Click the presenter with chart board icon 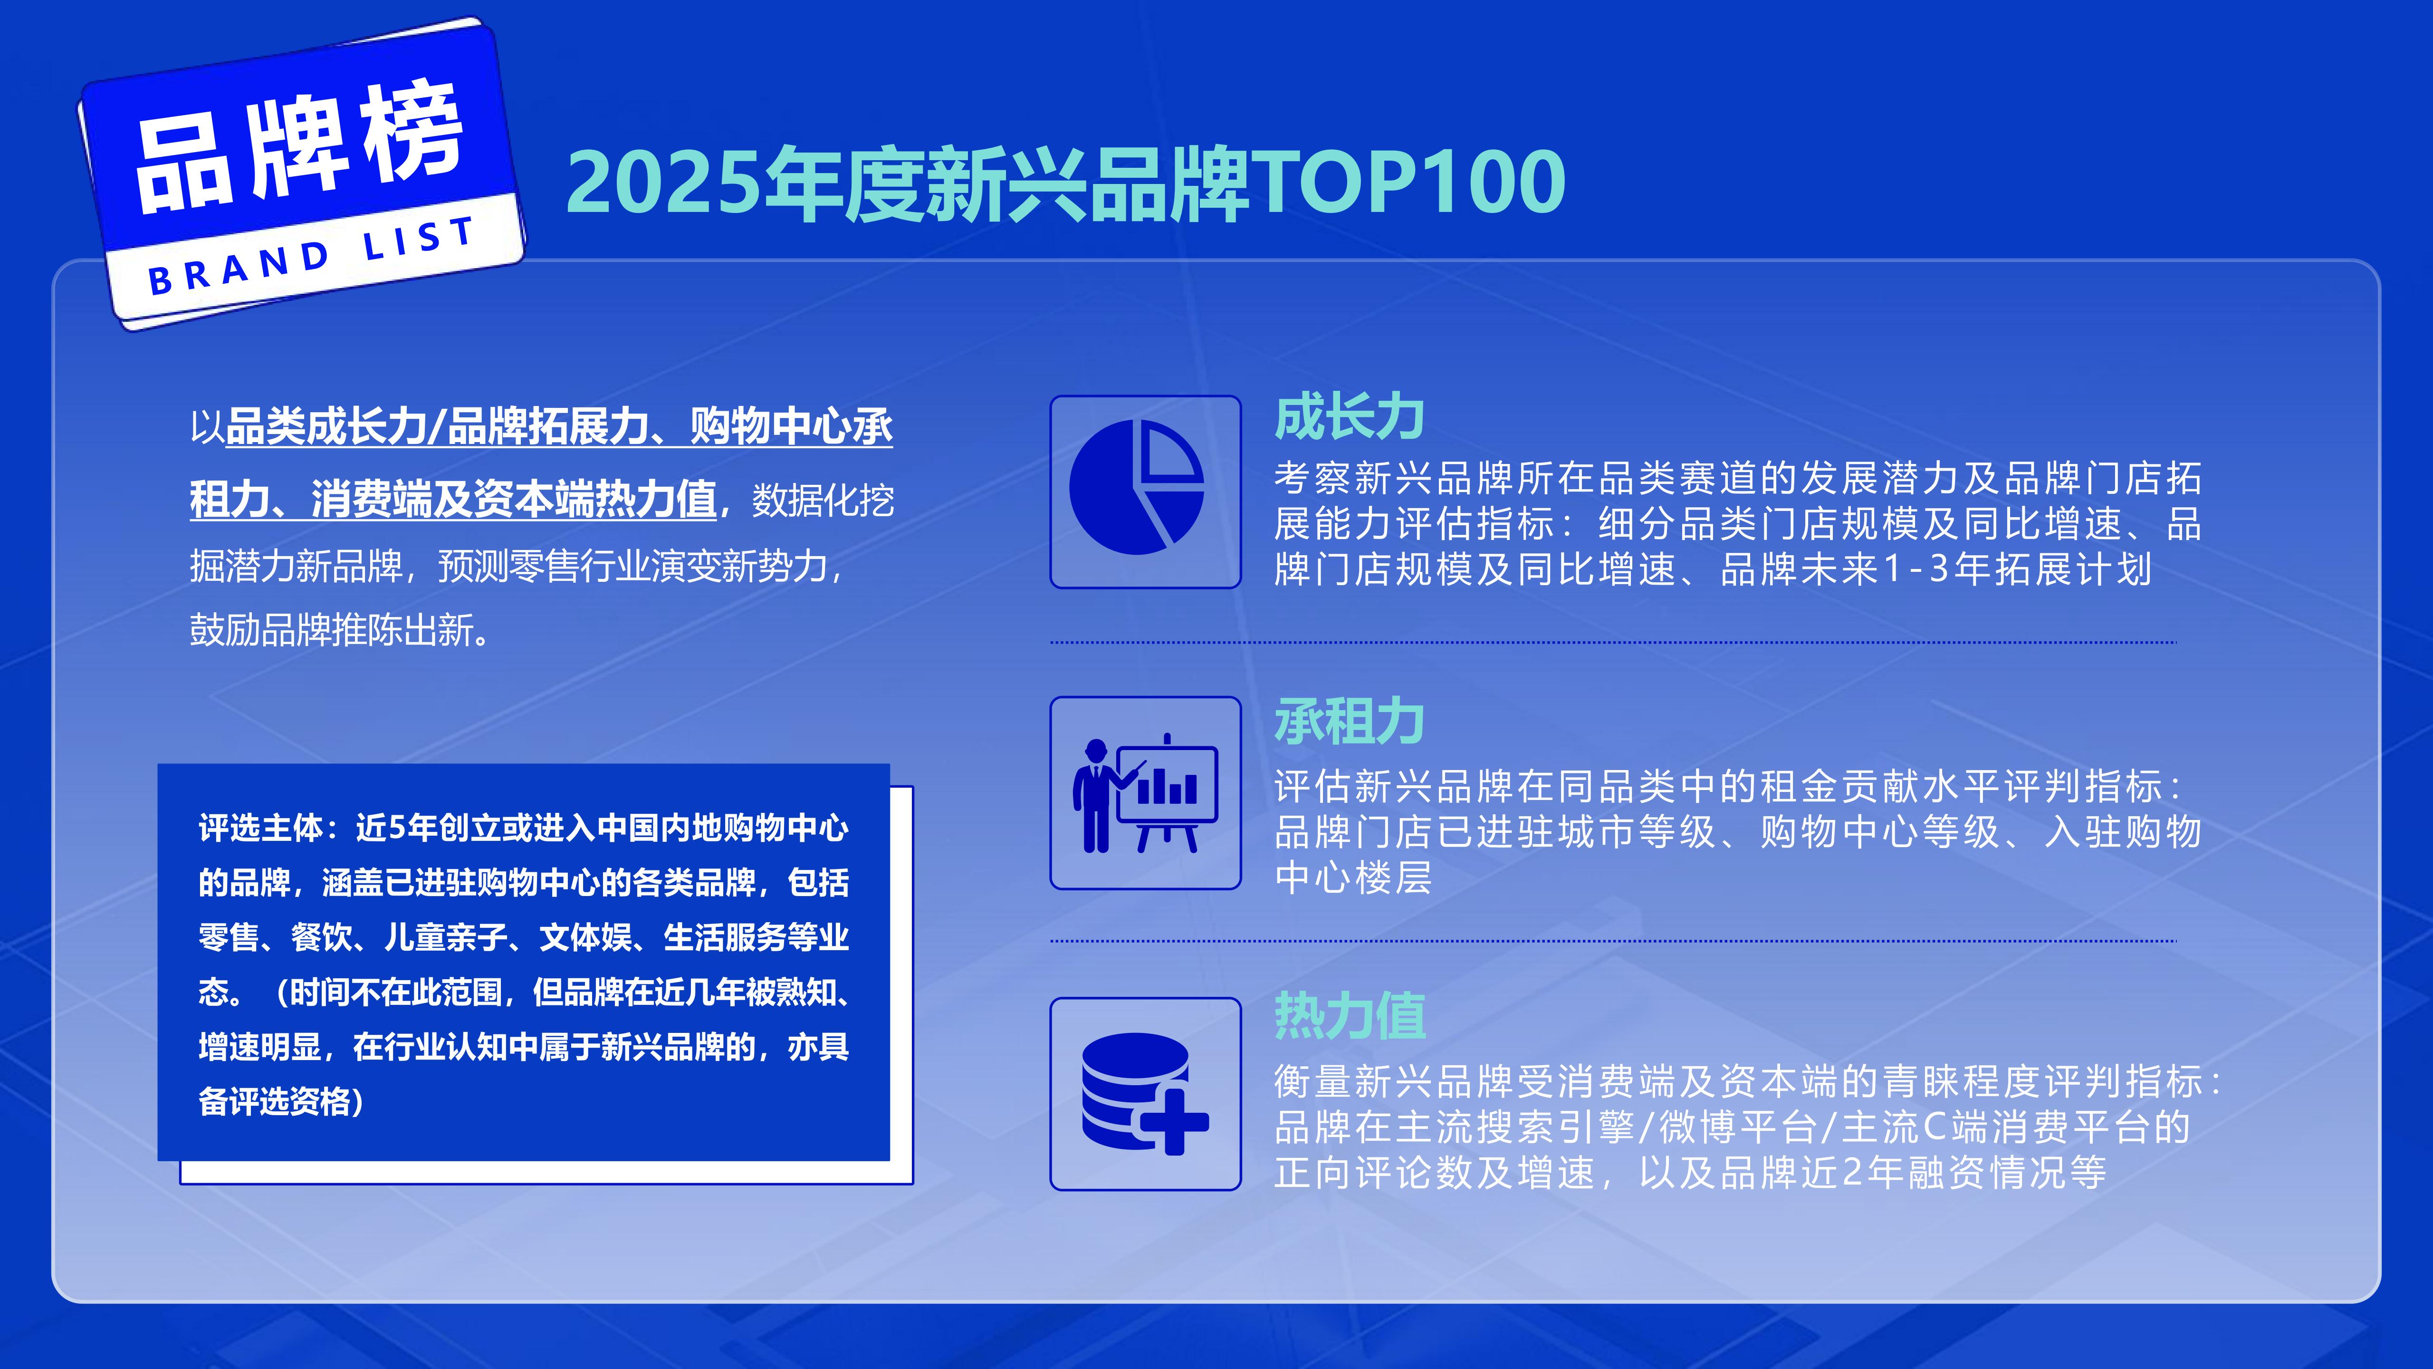coord(1145,794)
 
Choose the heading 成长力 coord(1349,418)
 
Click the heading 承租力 coord(1349,722)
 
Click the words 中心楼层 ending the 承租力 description coord(1352,877)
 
